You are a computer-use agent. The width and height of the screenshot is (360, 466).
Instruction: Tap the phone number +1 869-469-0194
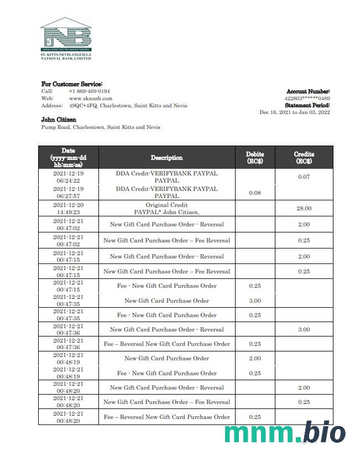click(89, 91)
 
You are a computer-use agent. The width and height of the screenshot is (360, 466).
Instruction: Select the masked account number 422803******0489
click(307, 99)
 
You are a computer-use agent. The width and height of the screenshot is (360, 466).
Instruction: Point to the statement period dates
click(295, 112)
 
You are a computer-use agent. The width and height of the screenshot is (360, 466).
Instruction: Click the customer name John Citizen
click(59, 120)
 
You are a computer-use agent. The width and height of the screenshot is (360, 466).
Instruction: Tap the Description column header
click(166, 158)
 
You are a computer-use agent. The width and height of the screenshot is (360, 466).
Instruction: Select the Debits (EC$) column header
click(255, 158)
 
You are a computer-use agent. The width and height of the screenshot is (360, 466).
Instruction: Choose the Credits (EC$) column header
click(304, 158)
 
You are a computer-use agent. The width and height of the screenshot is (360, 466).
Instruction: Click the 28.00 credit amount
click(304, 209)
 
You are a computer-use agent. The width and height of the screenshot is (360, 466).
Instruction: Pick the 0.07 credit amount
click(304, 177)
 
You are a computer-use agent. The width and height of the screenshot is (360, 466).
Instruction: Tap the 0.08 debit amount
click(255, 193)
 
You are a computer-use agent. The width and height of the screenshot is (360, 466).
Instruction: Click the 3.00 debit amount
click(255, 301)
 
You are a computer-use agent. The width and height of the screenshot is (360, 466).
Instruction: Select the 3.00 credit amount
click(304, 330)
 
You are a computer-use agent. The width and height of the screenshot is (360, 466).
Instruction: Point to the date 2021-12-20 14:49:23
click(68, 209)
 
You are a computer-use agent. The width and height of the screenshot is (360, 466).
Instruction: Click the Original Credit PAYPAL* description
click(166, 209)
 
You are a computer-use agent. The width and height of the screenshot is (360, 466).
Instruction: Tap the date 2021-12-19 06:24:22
click(68, 177)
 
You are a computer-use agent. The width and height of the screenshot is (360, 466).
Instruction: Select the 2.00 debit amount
click(255, 359)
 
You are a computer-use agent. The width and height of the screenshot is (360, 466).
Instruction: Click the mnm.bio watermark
click(285, 432)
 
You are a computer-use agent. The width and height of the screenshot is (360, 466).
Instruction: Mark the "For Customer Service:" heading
click(72, 84)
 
